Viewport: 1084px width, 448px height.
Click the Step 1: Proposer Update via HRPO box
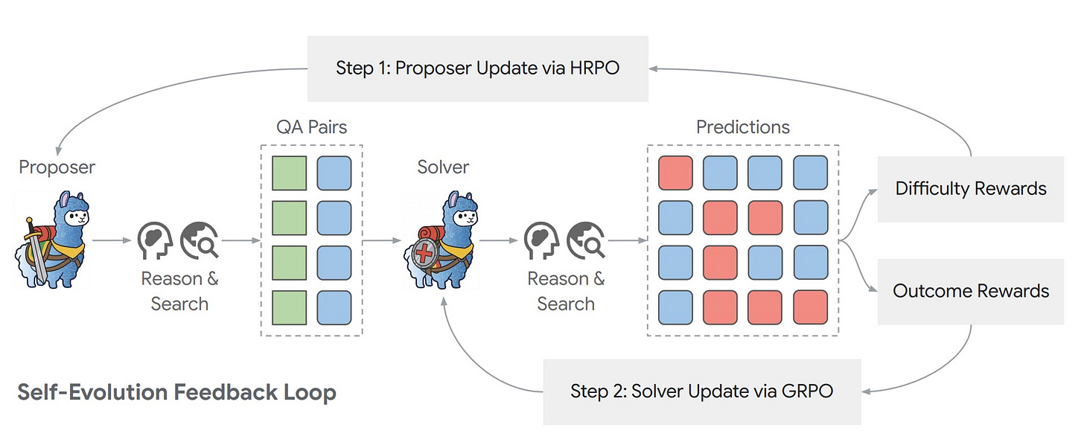pyautogui.click(x=477, y=68)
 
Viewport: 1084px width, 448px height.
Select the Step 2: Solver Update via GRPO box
pyautogui.click(x=701, y=391)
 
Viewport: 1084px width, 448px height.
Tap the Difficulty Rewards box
pyautogui.click(x=970, y=189)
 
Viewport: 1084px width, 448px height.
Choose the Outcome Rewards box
pyautogui.click(x=970, y=291)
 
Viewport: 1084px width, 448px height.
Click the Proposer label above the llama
pyautogui.click(x=57, y=167)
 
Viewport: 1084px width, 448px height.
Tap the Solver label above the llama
pyautogui.click(x=444, y=167)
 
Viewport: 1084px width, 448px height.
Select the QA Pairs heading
pyautogui.click(x=311, y=127)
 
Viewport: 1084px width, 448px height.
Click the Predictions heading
pyautogui.click(x=742, y=127)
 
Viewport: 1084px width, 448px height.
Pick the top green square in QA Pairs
pyautogui.click(x=289, y=173)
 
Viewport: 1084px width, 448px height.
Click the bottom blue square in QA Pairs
pyautogui.click(x=334, y=307)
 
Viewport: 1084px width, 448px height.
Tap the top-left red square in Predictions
pyautogui.click(x=676, y=173)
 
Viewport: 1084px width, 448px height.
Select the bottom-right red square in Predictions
pyautogui.click(x=810, y=307)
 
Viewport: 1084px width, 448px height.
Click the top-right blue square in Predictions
pyautogui.click(x=810, y=173)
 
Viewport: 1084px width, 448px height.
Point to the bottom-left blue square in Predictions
pyautogui.click(x=676, y=307)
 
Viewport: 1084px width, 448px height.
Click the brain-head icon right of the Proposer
pyautogui.click(x=156, y=240)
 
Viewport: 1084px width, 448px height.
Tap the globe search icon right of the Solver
pyautogui.click(x=585, y=240)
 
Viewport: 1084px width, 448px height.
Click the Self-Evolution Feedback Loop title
pyautogui.click(x=176, y=392)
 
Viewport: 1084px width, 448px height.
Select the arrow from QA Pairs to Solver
pyautogui.click(x=381, y=240)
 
